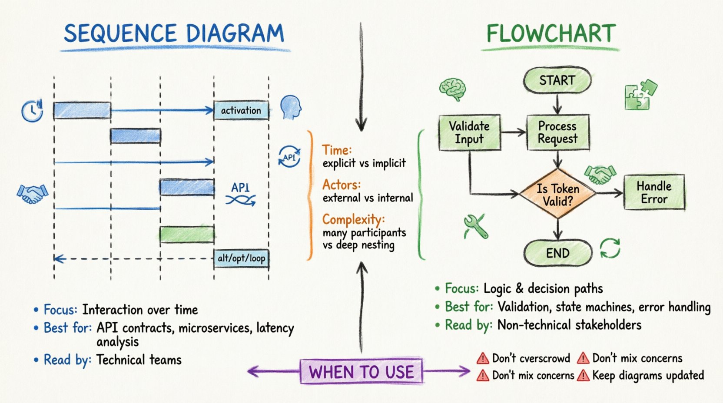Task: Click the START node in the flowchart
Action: [557, 81]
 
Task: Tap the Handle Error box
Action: [654, 192]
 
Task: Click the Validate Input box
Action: [469, 132]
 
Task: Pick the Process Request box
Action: [557, 132]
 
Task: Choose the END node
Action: [557, 253]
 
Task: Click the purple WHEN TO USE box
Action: [361, 372]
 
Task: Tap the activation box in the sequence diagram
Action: [241, 111]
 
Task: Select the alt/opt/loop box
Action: [241, 258]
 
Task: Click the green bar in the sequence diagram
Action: [187, 235]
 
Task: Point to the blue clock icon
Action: [32, 111]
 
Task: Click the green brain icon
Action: [453, 89]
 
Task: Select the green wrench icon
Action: [476, 226]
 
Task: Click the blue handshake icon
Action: [32, 194]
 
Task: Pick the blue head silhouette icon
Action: [291, 107]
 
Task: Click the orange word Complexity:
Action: [353, 220]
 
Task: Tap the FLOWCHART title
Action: [551, 34]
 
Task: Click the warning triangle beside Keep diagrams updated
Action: [583, 376]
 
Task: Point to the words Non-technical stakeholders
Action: [569, 325]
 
